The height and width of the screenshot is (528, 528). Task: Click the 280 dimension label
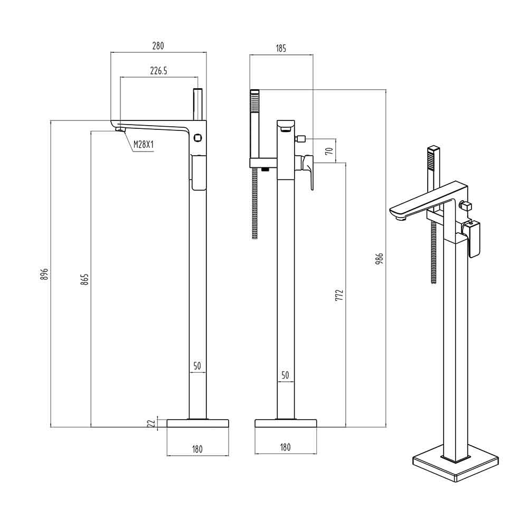158,46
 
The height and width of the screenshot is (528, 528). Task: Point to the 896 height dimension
45,274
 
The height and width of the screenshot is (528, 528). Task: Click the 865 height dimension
85,279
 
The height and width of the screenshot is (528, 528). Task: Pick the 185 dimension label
280,49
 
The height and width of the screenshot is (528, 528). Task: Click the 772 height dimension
340,295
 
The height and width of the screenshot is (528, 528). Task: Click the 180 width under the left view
197,449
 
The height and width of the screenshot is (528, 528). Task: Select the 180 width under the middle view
285,448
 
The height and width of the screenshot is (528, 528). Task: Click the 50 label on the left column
197,365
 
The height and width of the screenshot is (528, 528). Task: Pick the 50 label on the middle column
285,375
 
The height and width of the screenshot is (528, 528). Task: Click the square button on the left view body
198,137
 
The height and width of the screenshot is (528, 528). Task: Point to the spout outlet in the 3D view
399,215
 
